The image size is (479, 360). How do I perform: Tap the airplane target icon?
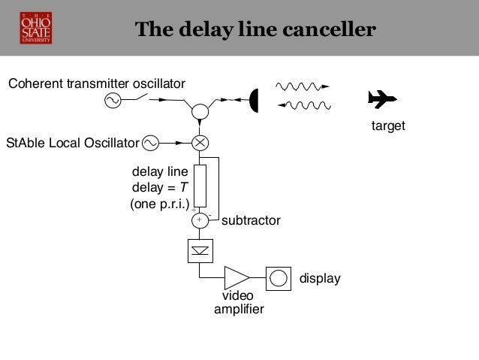pos(382,98)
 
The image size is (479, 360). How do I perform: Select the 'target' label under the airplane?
pos(388,127)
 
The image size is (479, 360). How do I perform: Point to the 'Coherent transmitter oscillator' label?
pos(96,83)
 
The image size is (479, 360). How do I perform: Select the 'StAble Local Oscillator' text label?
pos(72,142)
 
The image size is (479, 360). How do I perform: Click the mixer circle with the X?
pos(200,142)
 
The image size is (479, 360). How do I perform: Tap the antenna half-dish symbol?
pos(254,99)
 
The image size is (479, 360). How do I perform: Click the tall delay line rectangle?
pos(200,184)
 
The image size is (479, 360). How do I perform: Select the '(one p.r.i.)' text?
pos(160,203)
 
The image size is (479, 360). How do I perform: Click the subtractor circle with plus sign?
pos(200,220)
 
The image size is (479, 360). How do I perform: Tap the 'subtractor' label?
pos(251,221)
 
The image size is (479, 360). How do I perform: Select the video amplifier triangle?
pos(236,277)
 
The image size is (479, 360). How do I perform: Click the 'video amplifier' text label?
pos(239,303)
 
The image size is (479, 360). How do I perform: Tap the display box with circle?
pos(278,277)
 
